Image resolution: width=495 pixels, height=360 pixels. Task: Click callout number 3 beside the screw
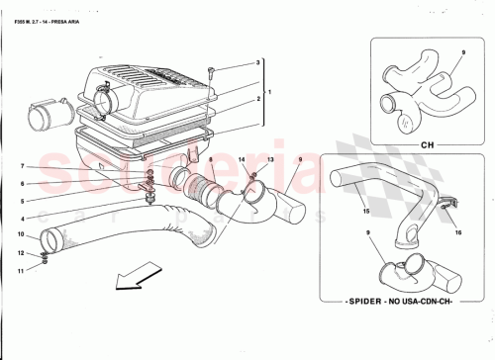(x=257, y=62)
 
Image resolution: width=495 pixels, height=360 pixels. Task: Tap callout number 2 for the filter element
(x=257, y=100)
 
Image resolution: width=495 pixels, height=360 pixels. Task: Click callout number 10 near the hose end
(x=20, y=234)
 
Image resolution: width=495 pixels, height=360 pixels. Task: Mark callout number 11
(x=22, y=268)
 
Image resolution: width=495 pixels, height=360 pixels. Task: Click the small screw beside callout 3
(x=211, y=71)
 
